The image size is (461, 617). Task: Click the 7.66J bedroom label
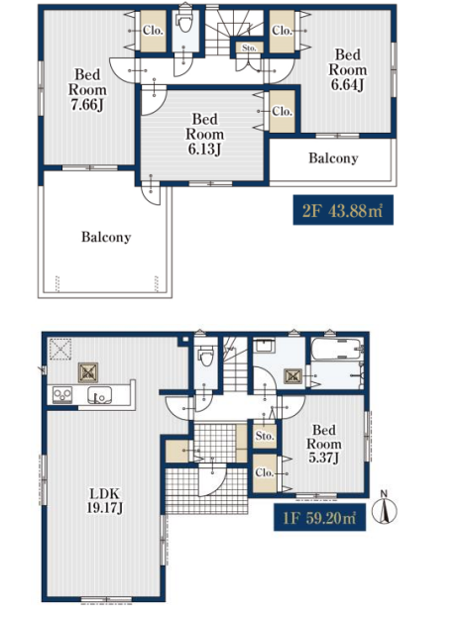coord(87,90)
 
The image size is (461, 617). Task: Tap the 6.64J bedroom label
coord(348,69)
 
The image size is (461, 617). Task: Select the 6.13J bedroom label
coord(205,134)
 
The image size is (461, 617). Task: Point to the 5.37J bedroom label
coord(324,444)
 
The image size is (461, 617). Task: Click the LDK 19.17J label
coord(104,500)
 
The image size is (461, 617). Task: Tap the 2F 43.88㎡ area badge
coord(343,210)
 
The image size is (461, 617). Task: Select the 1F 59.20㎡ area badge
coord(319,517)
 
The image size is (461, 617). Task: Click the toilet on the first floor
coord(205,356)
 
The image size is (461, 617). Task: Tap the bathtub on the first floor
coord(337,349)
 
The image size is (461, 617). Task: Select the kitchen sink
coord(99,395)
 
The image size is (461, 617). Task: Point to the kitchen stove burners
coord(62,395)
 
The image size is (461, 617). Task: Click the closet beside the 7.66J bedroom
coord(153,31)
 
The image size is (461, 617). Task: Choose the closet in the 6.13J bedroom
coord(283,112)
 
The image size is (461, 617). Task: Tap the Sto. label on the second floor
coord(249,48)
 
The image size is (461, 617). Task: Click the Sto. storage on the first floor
coord(265,436)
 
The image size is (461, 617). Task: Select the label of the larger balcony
coord(106,237)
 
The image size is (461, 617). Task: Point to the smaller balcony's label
coord(333,158)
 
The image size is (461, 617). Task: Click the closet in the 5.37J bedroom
coord(265,473)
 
